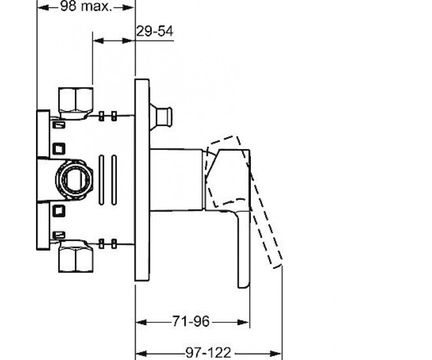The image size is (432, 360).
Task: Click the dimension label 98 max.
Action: (85, 6)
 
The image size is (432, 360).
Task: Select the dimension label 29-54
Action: (155, 31)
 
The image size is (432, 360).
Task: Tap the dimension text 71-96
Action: (191, 321)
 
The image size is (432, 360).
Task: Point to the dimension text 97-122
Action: (208, 353)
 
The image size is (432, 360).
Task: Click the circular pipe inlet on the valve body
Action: (74, 179)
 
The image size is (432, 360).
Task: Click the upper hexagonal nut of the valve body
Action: (75, 103)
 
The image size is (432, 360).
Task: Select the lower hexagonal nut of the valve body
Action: (75, 256)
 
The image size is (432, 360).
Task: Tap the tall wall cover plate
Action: (142, 180)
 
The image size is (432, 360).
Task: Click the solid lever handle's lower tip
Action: (243, 286)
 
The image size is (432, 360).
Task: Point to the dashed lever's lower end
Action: (276, 264)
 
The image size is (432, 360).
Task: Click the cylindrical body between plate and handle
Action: (177, 180)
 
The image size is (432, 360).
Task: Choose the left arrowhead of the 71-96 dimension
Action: (141, 322)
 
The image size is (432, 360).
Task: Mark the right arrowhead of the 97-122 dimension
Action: (275, 353)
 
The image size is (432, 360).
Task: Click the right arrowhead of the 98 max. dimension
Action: (128, 8)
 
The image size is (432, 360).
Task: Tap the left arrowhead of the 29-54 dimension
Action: (99, 41)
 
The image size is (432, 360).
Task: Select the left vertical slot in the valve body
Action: (101, 180)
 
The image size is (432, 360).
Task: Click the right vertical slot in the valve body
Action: (114, 180)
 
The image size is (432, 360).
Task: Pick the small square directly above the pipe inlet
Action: (59, 149)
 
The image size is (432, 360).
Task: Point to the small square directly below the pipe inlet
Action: (59, 210)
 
